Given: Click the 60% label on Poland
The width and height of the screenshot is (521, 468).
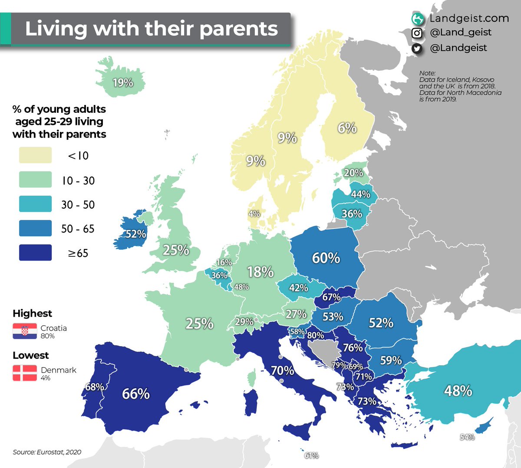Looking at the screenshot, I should (x=326, y=258).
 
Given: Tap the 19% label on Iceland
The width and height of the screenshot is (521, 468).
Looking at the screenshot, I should (x=122, y=82).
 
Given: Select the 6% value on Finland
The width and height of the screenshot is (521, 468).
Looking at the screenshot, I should (x=347, y=128).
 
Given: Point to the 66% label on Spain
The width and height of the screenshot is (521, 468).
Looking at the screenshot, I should (x=136, y=394).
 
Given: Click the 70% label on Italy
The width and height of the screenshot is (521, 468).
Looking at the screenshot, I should (x=283, y=371).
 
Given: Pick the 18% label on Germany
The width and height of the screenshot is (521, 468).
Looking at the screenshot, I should (x=260, y=272).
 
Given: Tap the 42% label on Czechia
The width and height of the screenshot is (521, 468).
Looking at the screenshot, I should (x=298, y=288).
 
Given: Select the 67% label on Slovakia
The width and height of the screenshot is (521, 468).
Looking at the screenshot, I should (x=331, y=297).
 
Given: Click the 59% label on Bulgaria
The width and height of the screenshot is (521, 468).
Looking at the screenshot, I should (x=391, y=360).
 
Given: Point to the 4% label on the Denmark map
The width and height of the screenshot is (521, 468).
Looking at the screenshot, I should (x=254, y=214).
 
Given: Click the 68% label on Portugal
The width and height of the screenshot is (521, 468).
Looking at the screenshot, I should (x=94, y=386).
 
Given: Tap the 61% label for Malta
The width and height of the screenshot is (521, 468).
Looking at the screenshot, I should (x=311, y=455).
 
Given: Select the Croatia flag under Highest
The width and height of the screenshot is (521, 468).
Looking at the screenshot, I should (x=25, y=331).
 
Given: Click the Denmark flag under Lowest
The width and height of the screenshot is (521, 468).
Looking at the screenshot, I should (x=25, y=373).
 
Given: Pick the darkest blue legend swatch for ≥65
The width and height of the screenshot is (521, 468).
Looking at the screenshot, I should (x=35, y=252).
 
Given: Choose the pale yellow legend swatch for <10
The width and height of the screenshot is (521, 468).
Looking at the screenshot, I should (x=35, y=155).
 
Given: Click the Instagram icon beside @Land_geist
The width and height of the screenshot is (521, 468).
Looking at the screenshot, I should (x=417, y=33).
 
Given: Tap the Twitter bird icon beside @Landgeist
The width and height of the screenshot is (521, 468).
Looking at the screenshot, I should (x=417, y=49).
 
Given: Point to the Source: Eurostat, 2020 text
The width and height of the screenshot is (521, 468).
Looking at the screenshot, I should (x=47, y=452).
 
